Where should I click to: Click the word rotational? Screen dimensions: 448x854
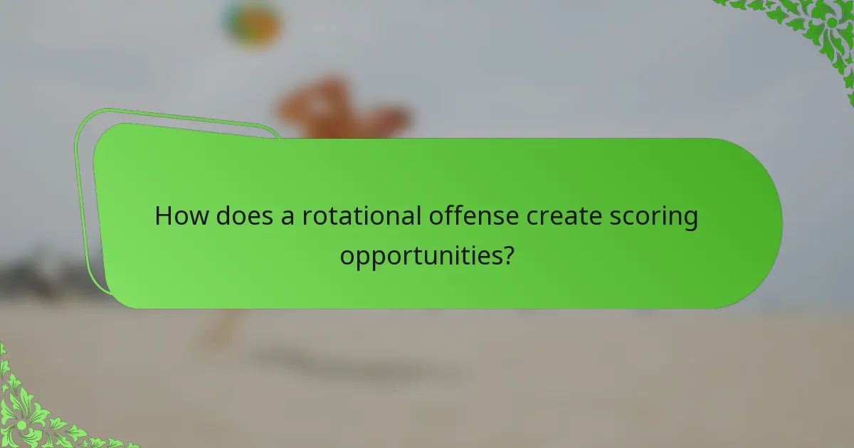coord(361,216)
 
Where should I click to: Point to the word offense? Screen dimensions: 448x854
coord(474,216)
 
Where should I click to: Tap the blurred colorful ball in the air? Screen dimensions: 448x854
coord(252,23)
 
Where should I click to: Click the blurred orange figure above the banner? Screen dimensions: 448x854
coord(342,110)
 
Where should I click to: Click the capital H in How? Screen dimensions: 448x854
coord(164,216)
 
